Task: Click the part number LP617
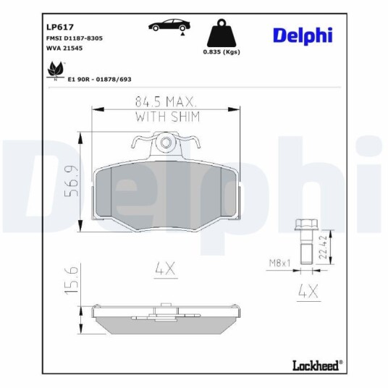(60, 27)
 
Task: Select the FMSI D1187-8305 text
(75, 38)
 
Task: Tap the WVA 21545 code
(64, 48)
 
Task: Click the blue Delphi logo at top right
(303, 36)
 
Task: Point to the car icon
(169, 25)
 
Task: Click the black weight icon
(222, 33)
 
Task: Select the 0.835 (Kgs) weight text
(222, 52)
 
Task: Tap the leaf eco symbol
(56, 69)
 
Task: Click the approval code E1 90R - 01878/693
(99, 80)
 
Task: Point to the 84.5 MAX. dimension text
(166, 101)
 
